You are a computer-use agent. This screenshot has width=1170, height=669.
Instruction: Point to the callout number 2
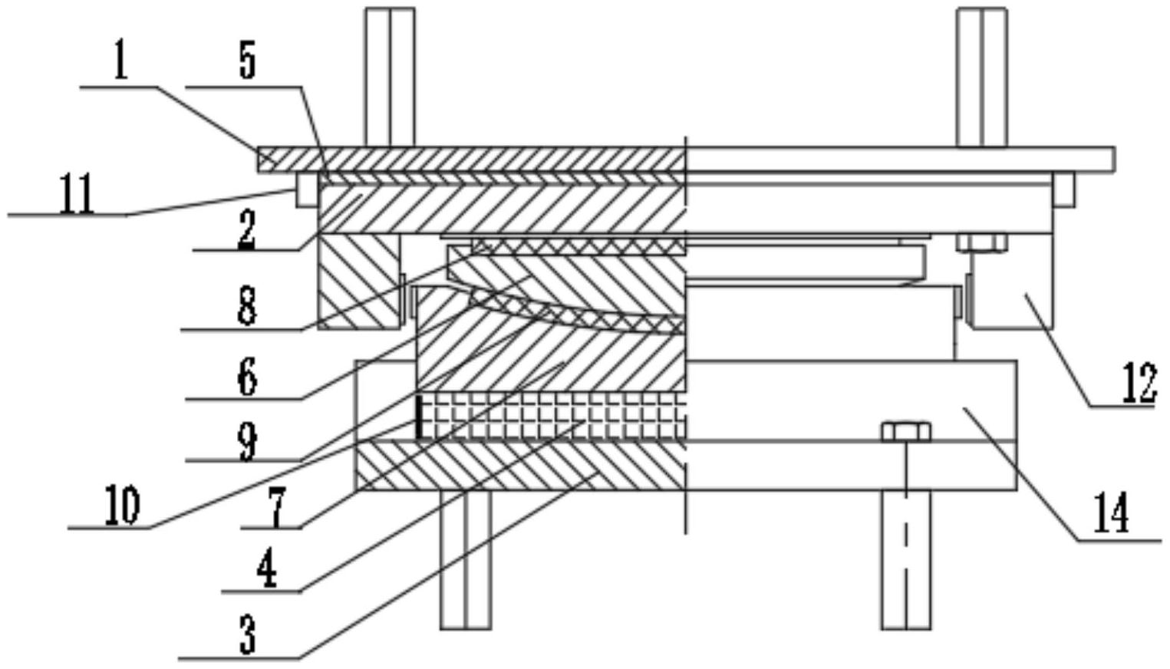click(246, 229)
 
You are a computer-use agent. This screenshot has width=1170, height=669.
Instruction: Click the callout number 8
click(246, 307)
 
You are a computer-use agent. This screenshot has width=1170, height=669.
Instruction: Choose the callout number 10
click(122, 505)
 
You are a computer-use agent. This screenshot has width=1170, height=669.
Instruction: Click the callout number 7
click(277, 508)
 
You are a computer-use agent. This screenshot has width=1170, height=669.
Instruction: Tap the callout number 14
click(1111, 513)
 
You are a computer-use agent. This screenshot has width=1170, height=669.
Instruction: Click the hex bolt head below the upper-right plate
click(982, 243)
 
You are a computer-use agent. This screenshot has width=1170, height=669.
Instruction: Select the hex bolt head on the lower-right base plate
click(906, 432)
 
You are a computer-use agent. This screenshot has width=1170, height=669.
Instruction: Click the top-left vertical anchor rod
click(390, 77)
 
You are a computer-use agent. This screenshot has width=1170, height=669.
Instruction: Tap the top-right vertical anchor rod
click(981, 77)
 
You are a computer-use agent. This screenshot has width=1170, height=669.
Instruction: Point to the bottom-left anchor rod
click(466, 560)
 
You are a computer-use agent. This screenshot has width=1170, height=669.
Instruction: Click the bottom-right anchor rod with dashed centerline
click(906, 560)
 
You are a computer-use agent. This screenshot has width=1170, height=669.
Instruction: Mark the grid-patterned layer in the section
click(551, 416)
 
